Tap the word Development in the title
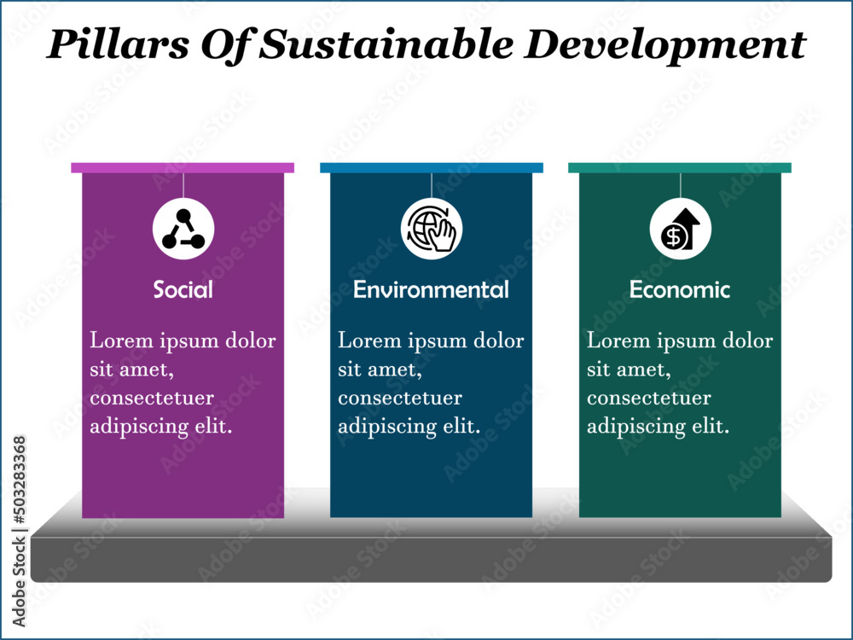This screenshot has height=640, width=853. click(663, 44)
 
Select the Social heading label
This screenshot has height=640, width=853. click(183, 290)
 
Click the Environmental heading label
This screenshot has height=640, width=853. click(431, 290)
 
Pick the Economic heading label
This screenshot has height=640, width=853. click(680, 290)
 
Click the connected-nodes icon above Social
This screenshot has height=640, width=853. click(183, 229)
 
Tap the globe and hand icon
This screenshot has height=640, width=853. click(432, 229)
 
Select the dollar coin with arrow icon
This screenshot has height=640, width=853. click(680, 229)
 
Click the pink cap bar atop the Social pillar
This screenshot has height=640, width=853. click(183, 167)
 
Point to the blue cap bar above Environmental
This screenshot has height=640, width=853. click(431, 167)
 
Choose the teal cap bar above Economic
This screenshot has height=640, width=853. click(680, 167)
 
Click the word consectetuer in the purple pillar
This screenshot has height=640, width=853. click(152, 399)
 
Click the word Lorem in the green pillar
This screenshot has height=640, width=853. click(614, 341)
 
